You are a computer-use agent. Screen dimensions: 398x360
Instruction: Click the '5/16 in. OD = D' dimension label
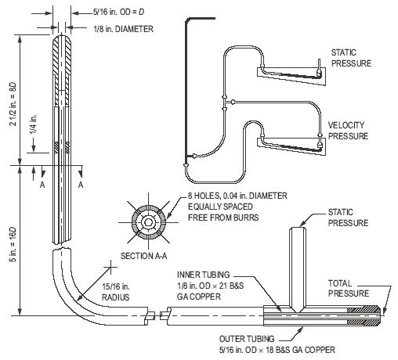pos(118,12)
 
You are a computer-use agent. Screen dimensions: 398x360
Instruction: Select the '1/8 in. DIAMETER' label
pos(123,29)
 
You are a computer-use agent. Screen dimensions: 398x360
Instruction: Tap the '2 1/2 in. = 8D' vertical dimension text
pos(13,104)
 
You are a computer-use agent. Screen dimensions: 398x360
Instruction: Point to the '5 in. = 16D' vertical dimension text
pos(13,244)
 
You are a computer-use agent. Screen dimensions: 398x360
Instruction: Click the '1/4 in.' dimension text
pos(33,124)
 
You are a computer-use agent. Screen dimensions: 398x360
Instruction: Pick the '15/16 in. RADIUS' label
pos(116,292)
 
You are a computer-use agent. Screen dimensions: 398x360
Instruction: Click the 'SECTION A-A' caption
pos(143,256)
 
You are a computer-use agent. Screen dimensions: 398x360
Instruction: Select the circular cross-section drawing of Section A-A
pos(148,222)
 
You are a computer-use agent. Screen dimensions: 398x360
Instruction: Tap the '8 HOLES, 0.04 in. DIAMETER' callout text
pos(237,196)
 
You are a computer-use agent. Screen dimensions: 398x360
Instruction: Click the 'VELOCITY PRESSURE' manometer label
pos(348,131)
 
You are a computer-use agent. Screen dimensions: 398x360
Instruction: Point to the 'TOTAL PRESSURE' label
pos(349,288)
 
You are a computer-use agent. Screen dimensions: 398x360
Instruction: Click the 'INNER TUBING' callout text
pos(204,275)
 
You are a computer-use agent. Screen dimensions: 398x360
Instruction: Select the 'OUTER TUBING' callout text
pos(247,339)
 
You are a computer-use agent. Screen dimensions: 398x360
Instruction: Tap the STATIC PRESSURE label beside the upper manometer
pos(351,58)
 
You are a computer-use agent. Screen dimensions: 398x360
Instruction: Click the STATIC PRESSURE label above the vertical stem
pos(348,218)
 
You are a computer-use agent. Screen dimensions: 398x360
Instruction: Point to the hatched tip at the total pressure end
pos(364,315)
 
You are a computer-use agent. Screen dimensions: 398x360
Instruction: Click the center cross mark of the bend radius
pos(110,267)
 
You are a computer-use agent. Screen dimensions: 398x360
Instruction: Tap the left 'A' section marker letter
pos(42,185)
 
